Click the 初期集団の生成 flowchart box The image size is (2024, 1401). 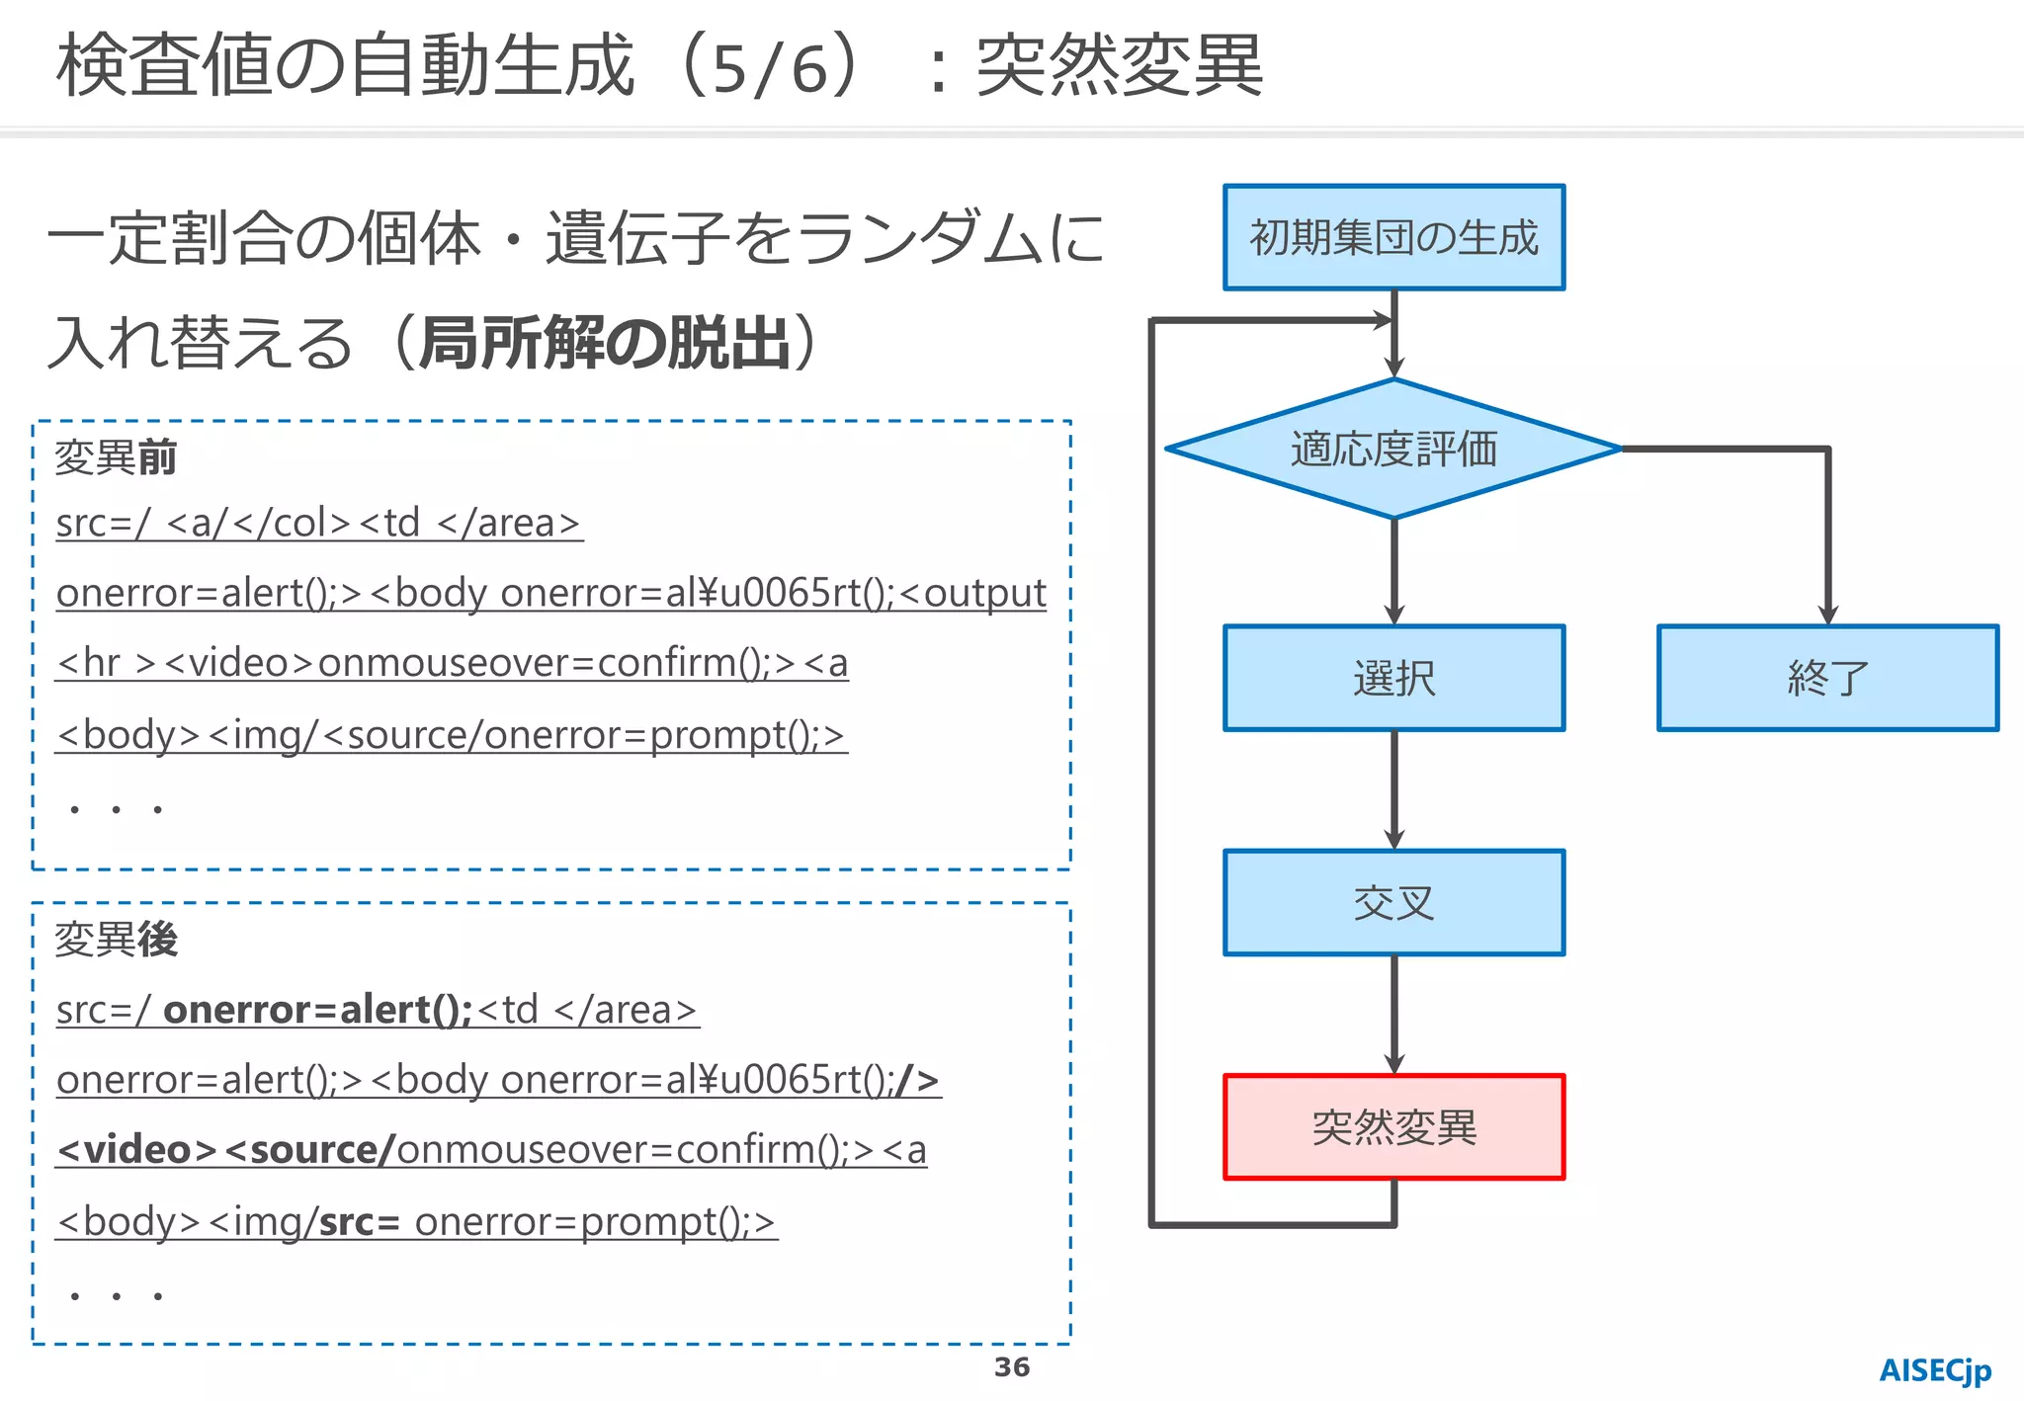click(x=1393, y=237)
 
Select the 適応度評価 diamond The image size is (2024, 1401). click(x=1393, y=449)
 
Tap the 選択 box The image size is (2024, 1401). click(x=1393, y=678)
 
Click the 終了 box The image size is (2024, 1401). click(x=1827, y=678)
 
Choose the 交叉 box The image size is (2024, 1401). click(x=1393, y=902)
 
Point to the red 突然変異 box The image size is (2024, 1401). click(x=1393, y=1126)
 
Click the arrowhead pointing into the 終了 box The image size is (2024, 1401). click(x=1827, y=613)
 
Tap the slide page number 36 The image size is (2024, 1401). click(x=1011, y=1367)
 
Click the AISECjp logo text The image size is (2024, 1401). click(x=1934, y=1371)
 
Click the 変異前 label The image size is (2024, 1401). click(x=116, y=457)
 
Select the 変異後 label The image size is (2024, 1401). click(x=116, y=940)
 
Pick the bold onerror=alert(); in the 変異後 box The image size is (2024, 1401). click(x=317, y=1010)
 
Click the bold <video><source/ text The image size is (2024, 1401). click(x=226, y=1150)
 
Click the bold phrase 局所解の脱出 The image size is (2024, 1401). click(x=605, y=344)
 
